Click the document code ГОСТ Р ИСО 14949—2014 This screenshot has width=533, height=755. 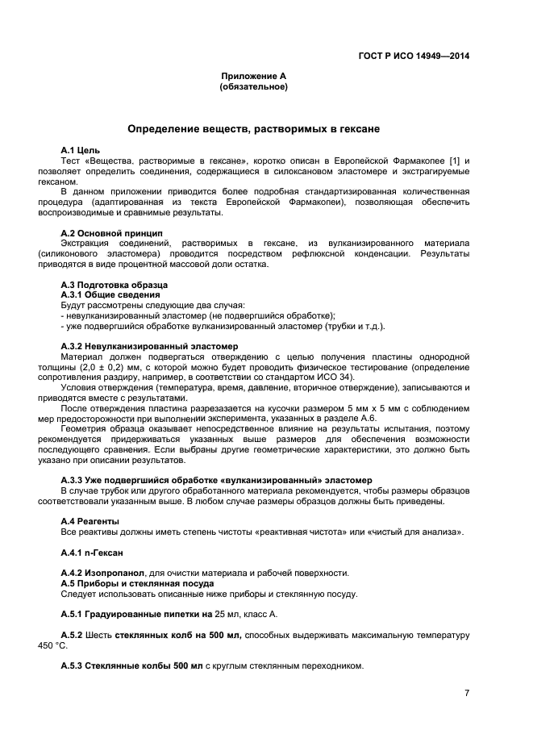tap(414, 56)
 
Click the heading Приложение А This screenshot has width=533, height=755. tap(253, 76)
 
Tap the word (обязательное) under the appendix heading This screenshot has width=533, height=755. tap(253, 86)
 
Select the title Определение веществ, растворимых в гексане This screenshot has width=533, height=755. tap(253, 129)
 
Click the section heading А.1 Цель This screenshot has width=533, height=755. tap(80, 151)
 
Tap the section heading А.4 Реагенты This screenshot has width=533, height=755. tap(90, 522)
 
